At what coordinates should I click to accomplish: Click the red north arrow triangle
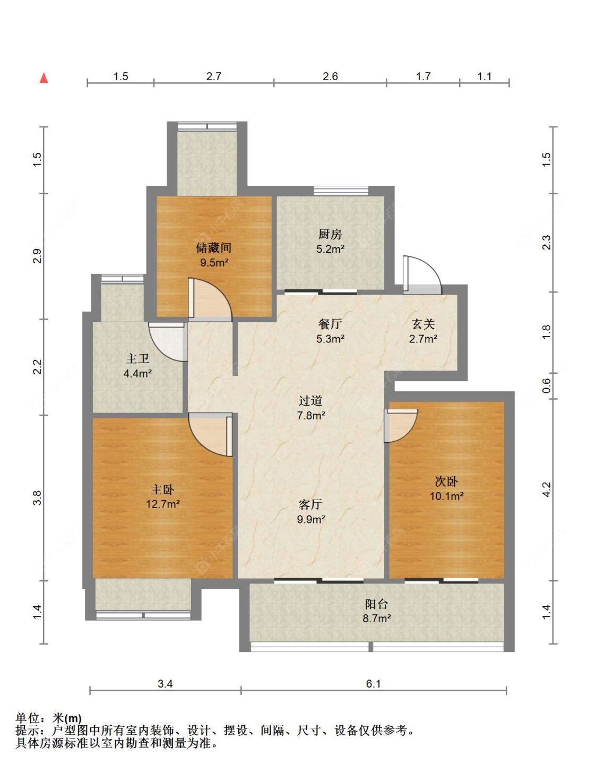coord(44,78)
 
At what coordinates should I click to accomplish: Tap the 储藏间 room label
coord(214,247)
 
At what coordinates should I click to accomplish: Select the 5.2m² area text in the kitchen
coord(330,249)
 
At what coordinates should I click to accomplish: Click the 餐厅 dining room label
coord(330,324)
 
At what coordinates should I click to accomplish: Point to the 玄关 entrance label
coord(423,324)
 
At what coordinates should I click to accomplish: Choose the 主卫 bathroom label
coord(137,358)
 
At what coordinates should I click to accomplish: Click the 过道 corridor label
coord(311,400)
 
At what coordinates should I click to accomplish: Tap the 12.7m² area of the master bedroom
coord(163,504)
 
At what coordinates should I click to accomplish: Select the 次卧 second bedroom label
coord(446,482)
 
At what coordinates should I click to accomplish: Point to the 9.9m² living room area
coord(311,519)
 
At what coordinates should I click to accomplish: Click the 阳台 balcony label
coord(377,604)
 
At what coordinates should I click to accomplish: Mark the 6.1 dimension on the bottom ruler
coord(374,684)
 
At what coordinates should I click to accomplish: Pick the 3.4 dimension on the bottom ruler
coord(166,684)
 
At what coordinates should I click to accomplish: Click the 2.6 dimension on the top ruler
coord(330,76)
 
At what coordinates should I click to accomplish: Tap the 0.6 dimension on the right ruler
coord(547,385)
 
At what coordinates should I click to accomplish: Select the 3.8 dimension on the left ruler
coord(37,497)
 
